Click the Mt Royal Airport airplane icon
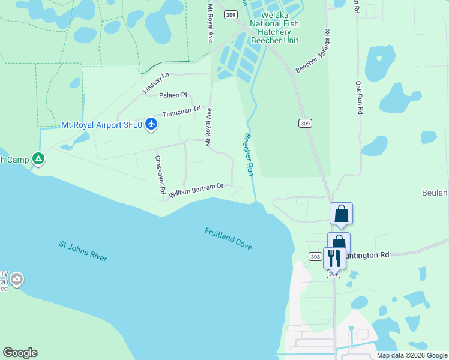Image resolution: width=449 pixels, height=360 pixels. [151, 125]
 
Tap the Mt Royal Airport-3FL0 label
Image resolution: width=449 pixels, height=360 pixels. [102, 125]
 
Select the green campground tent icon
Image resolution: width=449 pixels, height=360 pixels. [38, 159]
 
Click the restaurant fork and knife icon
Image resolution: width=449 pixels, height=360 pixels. [334, 258]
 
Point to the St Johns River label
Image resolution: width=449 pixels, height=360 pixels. [83, 251]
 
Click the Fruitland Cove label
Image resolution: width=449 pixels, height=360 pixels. [228, 239]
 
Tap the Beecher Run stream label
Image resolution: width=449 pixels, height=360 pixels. [249, 155]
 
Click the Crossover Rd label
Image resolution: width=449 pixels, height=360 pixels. [160, 175]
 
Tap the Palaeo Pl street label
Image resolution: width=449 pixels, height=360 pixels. [173, 95]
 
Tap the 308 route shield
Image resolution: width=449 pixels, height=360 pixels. [315, 256]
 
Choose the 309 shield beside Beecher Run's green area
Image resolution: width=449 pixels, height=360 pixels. [304, 123]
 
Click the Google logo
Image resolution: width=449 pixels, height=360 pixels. [20, 353]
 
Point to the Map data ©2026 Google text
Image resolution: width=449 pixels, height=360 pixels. [412, 355]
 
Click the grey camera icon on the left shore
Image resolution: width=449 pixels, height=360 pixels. [17, 279]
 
